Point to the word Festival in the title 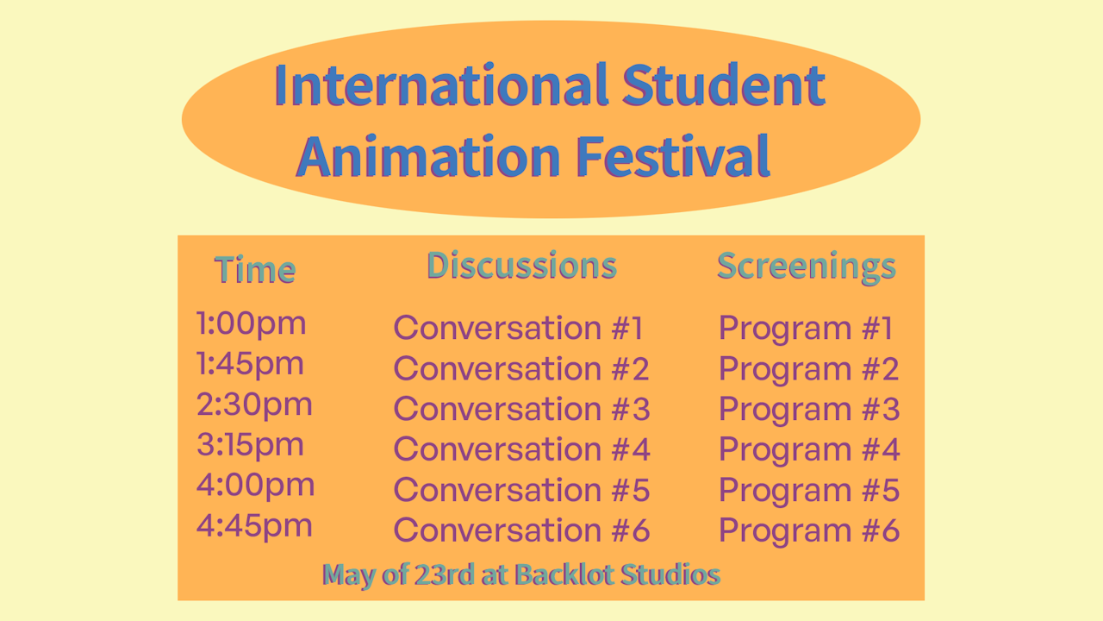(x=672, y=156)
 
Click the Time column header (x=255, y=270)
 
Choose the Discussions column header (x=521, y=266)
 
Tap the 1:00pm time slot (x=252, y=324)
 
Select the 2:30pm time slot (x=254, y=405)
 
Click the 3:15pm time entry (x=251, y=445)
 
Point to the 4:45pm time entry (x=254, y=525)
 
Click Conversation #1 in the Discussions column (x=519, y=329)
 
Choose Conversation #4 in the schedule (x=521, y=449)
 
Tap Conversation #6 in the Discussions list (x=521, y=530)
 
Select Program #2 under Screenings (x=809, y=369)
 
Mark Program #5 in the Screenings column (x=809, y=490)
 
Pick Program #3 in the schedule (x=809, y=410)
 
